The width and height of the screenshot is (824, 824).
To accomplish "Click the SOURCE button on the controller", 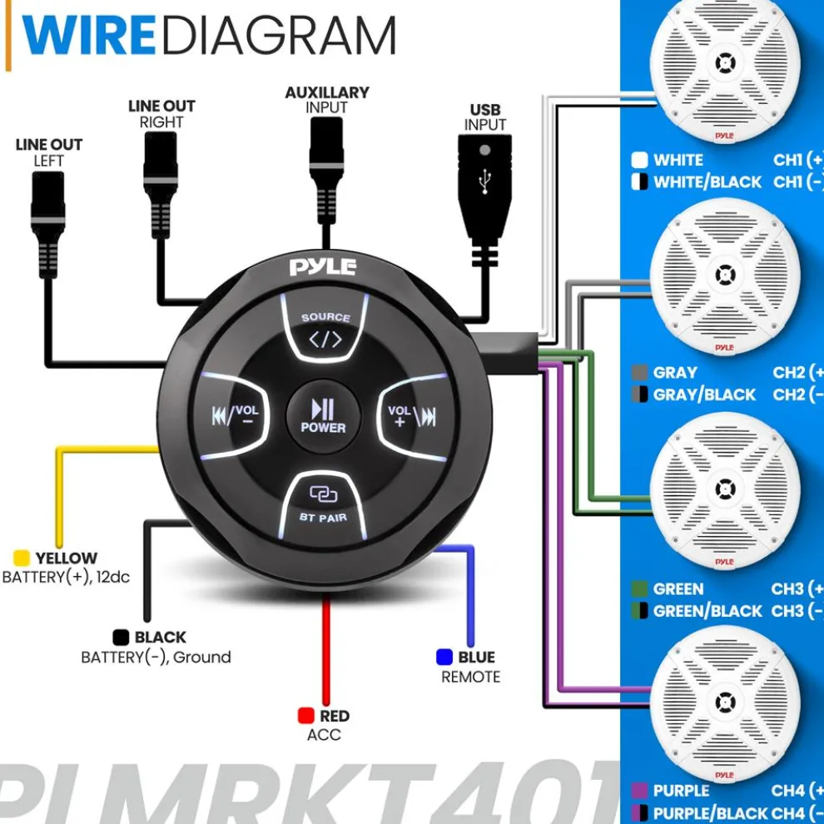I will (325, 330).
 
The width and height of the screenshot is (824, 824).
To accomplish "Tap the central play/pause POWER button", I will (323, 414).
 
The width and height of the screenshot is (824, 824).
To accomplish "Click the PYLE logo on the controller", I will (323, 267).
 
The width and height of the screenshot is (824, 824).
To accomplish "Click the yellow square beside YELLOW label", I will (22, 558).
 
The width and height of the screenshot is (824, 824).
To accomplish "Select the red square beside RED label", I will (305, 716).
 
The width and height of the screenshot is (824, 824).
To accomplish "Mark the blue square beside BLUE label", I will (444, 658).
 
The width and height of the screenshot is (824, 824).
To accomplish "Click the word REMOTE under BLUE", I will (471, 677).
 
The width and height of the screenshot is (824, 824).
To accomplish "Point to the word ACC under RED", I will (324, 735).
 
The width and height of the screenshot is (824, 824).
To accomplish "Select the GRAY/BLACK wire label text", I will (704, 395).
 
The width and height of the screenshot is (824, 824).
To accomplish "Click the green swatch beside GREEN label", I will (640, 589).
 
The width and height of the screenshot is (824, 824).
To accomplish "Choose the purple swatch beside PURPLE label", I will (640, 791).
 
